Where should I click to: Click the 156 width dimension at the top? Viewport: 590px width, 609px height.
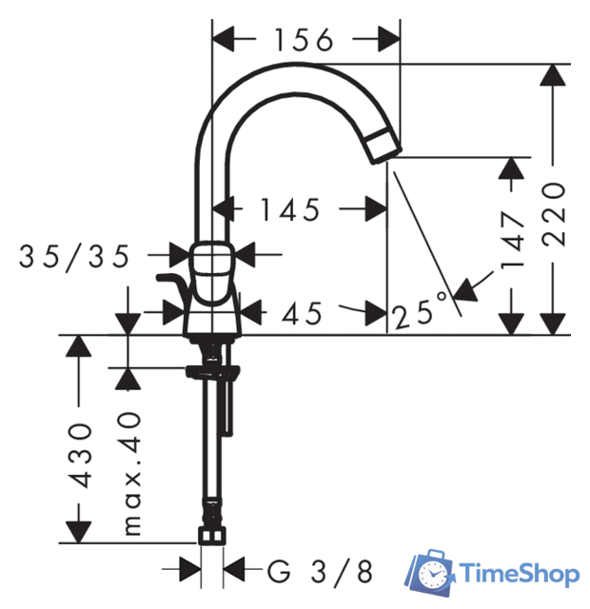[305, 40]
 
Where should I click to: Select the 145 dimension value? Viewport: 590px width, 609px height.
[291, 208]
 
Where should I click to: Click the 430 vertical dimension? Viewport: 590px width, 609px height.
[81, 455]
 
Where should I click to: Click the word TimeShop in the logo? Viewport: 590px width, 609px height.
[520, 574]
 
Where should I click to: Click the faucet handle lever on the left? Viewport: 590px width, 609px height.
[172, 284]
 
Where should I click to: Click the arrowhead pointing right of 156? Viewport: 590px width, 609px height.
[388, 40]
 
